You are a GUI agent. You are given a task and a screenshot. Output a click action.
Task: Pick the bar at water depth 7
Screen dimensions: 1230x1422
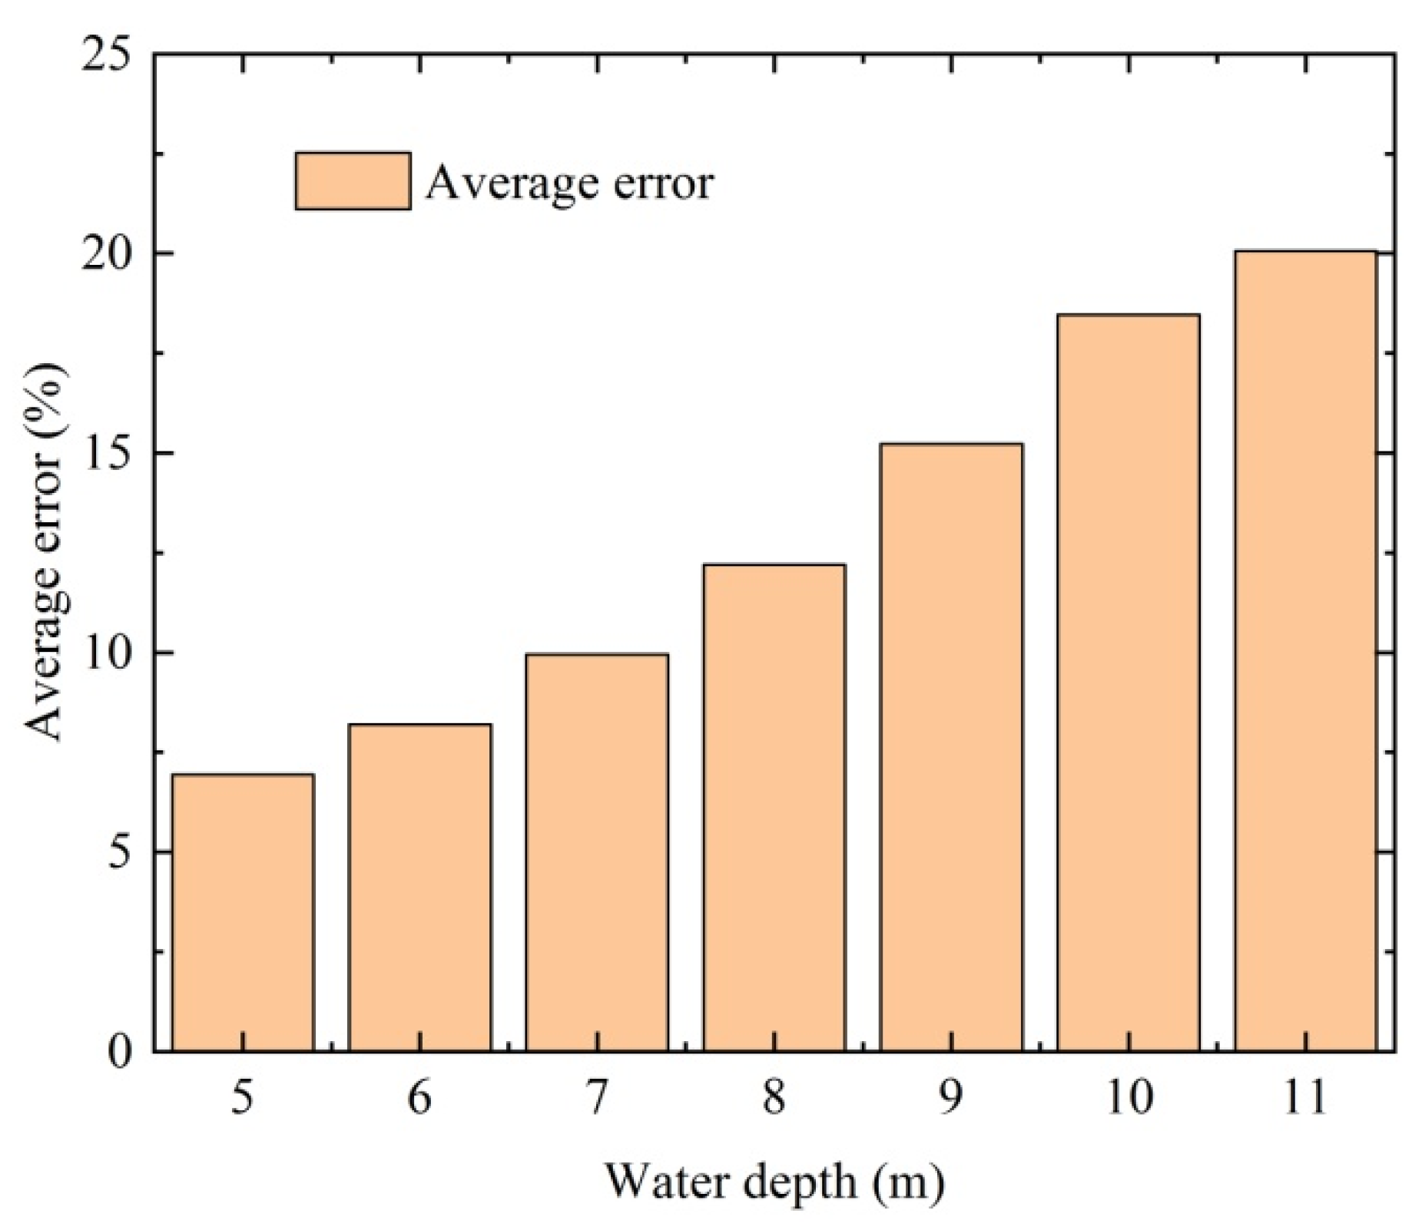coord(597,852)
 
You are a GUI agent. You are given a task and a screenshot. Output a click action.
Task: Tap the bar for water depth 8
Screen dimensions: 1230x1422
coord(774,807)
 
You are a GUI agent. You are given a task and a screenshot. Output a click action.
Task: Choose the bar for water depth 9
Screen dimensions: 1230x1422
coord(951,746)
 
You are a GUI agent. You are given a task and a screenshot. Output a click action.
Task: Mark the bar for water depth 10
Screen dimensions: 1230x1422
coord(1128,682)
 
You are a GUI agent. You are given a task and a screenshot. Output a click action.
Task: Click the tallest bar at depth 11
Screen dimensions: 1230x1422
coord(1305,650)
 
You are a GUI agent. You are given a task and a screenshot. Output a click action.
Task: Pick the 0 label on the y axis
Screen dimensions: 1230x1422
coord(121,1051)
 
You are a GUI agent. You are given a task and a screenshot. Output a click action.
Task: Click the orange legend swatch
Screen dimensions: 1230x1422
coord(353,180)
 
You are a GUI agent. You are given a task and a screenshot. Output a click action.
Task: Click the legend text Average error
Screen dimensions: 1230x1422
coord(569,184)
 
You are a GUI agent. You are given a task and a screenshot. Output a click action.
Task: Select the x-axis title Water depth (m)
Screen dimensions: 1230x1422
coord(774,1182)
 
